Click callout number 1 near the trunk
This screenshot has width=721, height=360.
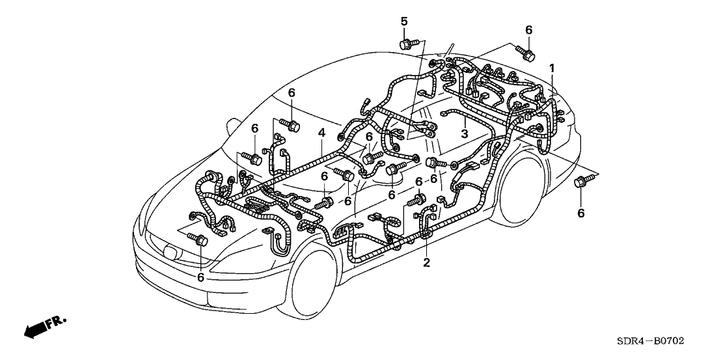[x=552, y=68]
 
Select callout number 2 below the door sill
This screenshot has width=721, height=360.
[x=427, y=262]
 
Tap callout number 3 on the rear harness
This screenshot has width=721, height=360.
[x=464, y=133]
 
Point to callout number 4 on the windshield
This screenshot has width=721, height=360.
[x=321, y=133]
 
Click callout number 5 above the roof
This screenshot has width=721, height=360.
[x=404, y=22]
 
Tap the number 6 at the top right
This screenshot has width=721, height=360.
[x=528, y=30]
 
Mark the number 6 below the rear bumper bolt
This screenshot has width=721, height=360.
[x=581, y=212]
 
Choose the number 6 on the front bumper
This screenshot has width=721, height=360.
[x=200, y=277]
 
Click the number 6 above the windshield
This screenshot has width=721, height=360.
[x=292, y=93]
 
